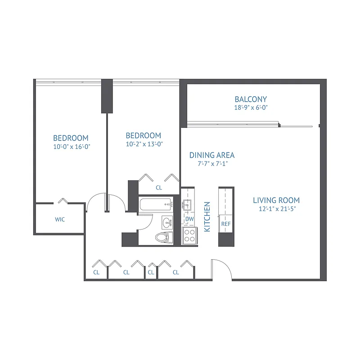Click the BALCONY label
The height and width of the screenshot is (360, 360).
pos(251,99)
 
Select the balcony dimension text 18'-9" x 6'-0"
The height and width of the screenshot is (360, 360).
pos(251,108)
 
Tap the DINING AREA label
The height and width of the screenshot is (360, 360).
pos(211,155)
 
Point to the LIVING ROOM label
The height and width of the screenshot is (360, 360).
pos(276,200)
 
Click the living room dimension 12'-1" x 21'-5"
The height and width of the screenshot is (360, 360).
pos(276,209)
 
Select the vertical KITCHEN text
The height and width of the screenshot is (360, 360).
pos(207,216)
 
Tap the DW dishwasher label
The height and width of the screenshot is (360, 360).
pos(189,219)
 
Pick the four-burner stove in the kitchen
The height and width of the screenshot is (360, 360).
pos(189,235)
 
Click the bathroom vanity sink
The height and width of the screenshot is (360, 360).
pos(167,221)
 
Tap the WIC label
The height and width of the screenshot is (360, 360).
pos(60,220)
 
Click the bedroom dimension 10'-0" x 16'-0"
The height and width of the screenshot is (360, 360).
pos(71,146)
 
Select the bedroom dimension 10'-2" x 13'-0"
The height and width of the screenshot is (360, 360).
pos(144,144)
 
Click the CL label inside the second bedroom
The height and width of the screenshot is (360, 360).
pos(158,187)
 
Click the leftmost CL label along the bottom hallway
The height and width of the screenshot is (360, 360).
pos(96,272)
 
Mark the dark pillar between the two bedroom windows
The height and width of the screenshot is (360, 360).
pos(107,96)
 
